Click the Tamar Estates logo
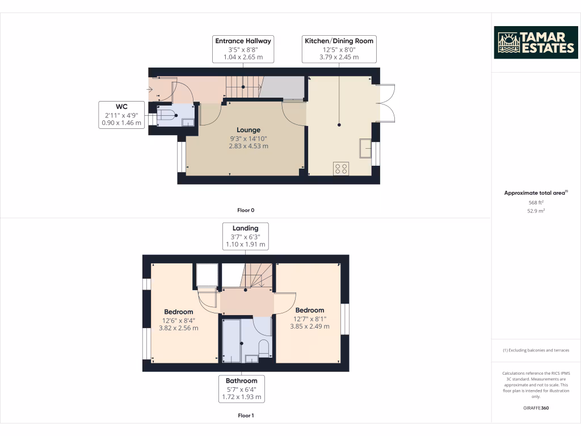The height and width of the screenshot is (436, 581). [x=536, y=43]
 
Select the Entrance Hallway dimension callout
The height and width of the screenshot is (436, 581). [x=243, y=49]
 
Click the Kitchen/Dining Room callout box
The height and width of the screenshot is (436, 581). [x=339, y=49]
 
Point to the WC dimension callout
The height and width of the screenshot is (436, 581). [x=121, y=115]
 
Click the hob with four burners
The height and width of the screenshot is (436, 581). [x=342, y=169]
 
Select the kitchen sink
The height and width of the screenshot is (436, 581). [x=365, y=148]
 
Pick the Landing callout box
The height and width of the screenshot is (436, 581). [x=245, y=236]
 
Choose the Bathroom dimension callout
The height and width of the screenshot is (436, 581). [x=241, y=389]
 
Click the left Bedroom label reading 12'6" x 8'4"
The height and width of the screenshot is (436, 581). [x=179, y=320]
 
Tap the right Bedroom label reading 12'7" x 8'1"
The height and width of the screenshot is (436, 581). [x=310, y=318]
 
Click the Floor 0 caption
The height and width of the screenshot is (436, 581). [x=245, y=210]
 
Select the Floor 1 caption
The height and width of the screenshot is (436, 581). [x=245, y=416]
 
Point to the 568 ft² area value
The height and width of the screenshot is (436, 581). [x=536, y=202]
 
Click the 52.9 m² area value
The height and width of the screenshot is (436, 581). [x=536, y=211]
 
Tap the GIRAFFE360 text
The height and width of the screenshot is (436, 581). [x=536, y=408]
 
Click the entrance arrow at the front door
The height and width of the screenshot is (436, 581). [x=149, y=89]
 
